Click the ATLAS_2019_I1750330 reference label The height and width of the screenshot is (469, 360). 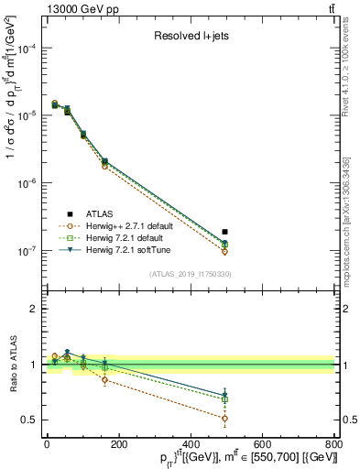coord(191,274)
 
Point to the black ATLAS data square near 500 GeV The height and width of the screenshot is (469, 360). coord(225,232)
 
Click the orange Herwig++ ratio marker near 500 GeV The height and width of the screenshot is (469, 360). coord(225,418)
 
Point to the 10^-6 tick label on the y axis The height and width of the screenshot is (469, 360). coord(22,183)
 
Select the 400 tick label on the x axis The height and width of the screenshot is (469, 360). coord(190,444)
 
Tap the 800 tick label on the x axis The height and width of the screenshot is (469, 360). coord(334,444)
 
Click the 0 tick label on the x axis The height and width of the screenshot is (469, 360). coord(47,444)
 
